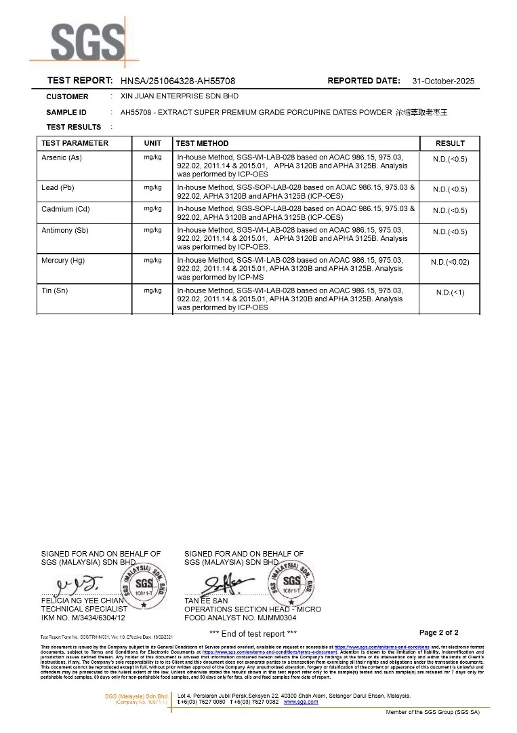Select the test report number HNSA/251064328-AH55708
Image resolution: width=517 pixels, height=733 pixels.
click(x=178, y=81)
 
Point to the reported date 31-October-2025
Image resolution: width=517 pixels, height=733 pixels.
click(x=443, y=81)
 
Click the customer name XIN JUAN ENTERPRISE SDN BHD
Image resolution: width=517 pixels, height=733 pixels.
click(x=179, y=96)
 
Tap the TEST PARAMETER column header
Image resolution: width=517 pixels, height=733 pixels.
click(x=75, y=143)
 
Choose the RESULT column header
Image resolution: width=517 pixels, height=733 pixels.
click(x=450, y=143)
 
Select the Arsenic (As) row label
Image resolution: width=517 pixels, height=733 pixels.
click(x=62, y=157)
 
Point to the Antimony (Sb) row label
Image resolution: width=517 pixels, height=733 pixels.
click(x=66, y=231)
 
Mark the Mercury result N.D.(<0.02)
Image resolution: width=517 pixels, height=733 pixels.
click(x=450, y=261)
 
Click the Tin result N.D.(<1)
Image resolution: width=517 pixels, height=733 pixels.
click(x=450, y=292)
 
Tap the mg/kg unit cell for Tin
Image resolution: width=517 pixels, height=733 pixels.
click(x=152, y=290)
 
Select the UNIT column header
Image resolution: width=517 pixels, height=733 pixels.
click(x=152, y=143)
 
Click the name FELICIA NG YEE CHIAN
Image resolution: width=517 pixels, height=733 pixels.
click(x=83, y=601)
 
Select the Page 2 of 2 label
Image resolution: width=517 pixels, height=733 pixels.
click(x=438, y=633)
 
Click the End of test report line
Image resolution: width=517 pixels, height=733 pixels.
click(x=253, y=634)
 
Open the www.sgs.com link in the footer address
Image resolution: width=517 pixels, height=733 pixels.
click(x=300, y=702)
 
